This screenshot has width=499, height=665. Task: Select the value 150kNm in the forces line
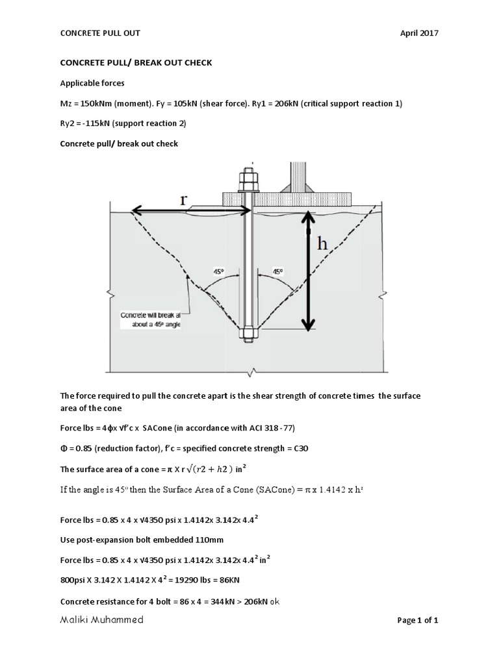97,105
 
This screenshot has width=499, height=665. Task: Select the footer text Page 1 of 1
418,621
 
